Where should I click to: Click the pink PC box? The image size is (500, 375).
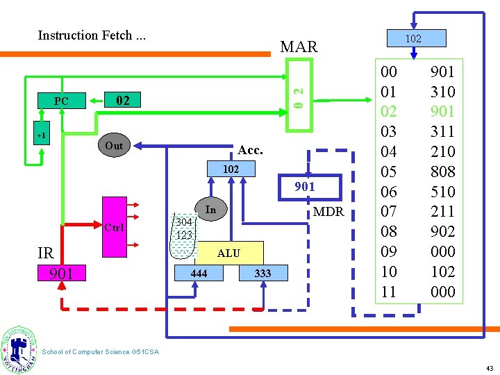point(62,101)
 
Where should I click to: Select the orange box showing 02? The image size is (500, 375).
point(123,101)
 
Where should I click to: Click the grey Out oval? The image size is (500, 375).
point(114,146)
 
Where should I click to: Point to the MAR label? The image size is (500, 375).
point(299,47)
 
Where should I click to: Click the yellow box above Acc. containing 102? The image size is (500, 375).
point(231,169)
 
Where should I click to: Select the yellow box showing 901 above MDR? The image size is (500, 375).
point(305,186)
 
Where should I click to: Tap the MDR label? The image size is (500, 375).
point(328,211)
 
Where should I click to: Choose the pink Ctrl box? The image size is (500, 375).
point(114,228)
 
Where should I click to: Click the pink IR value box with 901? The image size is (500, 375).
point(62,274)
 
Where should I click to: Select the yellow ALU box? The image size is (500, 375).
point(228,253)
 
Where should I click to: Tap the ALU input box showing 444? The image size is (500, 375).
point(199,274)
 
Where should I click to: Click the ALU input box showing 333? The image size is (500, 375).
point(262,274)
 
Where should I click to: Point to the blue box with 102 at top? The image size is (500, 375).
point(413,38)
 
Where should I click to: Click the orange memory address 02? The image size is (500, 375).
point(390,111)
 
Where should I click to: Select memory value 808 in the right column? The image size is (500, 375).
point(442,171)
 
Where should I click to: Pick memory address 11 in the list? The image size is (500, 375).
point(390,292)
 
